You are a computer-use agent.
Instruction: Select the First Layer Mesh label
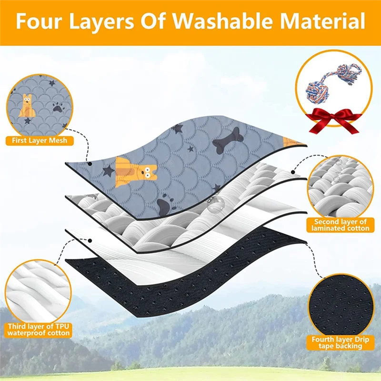click(x=40, y=140)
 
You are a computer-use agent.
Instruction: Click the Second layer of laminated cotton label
click(x=340, y=225)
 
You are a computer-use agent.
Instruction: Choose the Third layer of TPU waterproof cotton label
click(x=39, y=330)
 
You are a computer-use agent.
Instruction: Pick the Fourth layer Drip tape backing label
click(x=340, y=342)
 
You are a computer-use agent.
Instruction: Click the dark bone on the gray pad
click(x=228, y=140)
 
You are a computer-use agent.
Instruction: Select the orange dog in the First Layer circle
click(x=27, y=105)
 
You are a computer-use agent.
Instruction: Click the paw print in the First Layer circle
click(x=58, y=106)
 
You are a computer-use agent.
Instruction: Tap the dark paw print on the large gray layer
click(x=165, y=204)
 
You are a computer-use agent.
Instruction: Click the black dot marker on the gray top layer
click(x=90, y=164)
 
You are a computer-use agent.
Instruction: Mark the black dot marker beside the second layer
click(x=293, y=172)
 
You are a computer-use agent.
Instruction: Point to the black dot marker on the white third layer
click(x=90, y=241)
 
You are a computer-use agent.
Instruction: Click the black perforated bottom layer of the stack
click(x=185, y=275)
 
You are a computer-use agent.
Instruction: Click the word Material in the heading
click(x=323, y=21)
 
